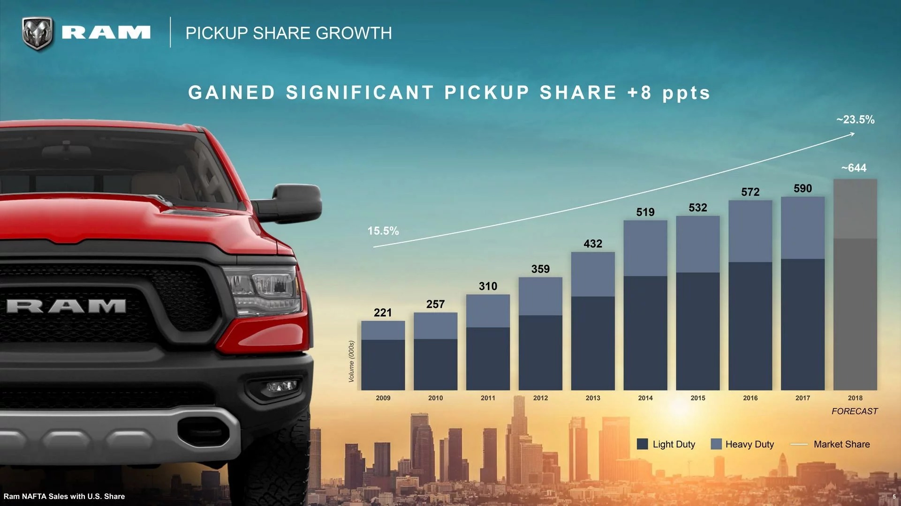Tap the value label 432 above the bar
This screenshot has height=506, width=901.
click(x=593, y=244)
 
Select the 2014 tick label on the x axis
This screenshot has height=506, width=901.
click(x=645, y=398)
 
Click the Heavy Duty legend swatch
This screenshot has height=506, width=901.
click(x=716, y=444)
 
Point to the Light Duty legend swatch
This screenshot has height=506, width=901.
click(x=642, y=444)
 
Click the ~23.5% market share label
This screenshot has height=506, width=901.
click(x=855, y=120)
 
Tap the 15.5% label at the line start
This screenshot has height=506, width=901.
click(x=383, y=231)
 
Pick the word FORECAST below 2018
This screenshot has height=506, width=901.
click(x=855, y=411)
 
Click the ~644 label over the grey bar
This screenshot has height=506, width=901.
click(x=854, y=168)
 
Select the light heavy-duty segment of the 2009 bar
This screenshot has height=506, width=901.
click(x=383, y=330)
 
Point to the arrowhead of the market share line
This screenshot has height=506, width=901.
click(x=852, y=134)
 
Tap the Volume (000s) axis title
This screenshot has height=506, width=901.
click(x=352, y=361)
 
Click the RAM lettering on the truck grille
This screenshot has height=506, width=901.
click(x=66, y=306)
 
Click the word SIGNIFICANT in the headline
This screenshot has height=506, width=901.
click(x=360, y=93)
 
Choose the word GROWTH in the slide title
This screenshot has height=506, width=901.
click(x=354, y=33)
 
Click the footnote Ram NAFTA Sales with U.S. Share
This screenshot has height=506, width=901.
click(x=64, y=496)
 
